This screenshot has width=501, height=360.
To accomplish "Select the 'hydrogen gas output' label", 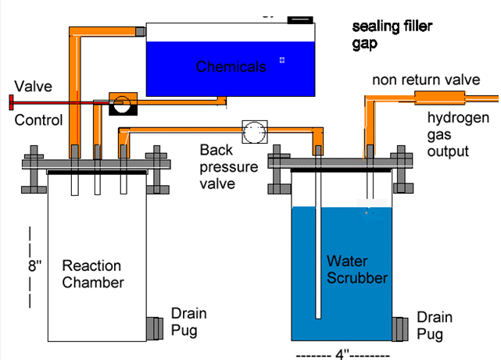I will coord(458,134).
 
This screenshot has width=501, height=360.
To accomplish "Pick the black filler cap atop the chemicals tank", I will coord(299,18).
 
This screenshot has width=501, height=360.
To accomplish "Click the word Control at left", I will coord(38,120).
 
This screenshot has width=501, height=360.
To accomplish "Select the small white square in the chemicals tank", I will coord(282,59).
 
